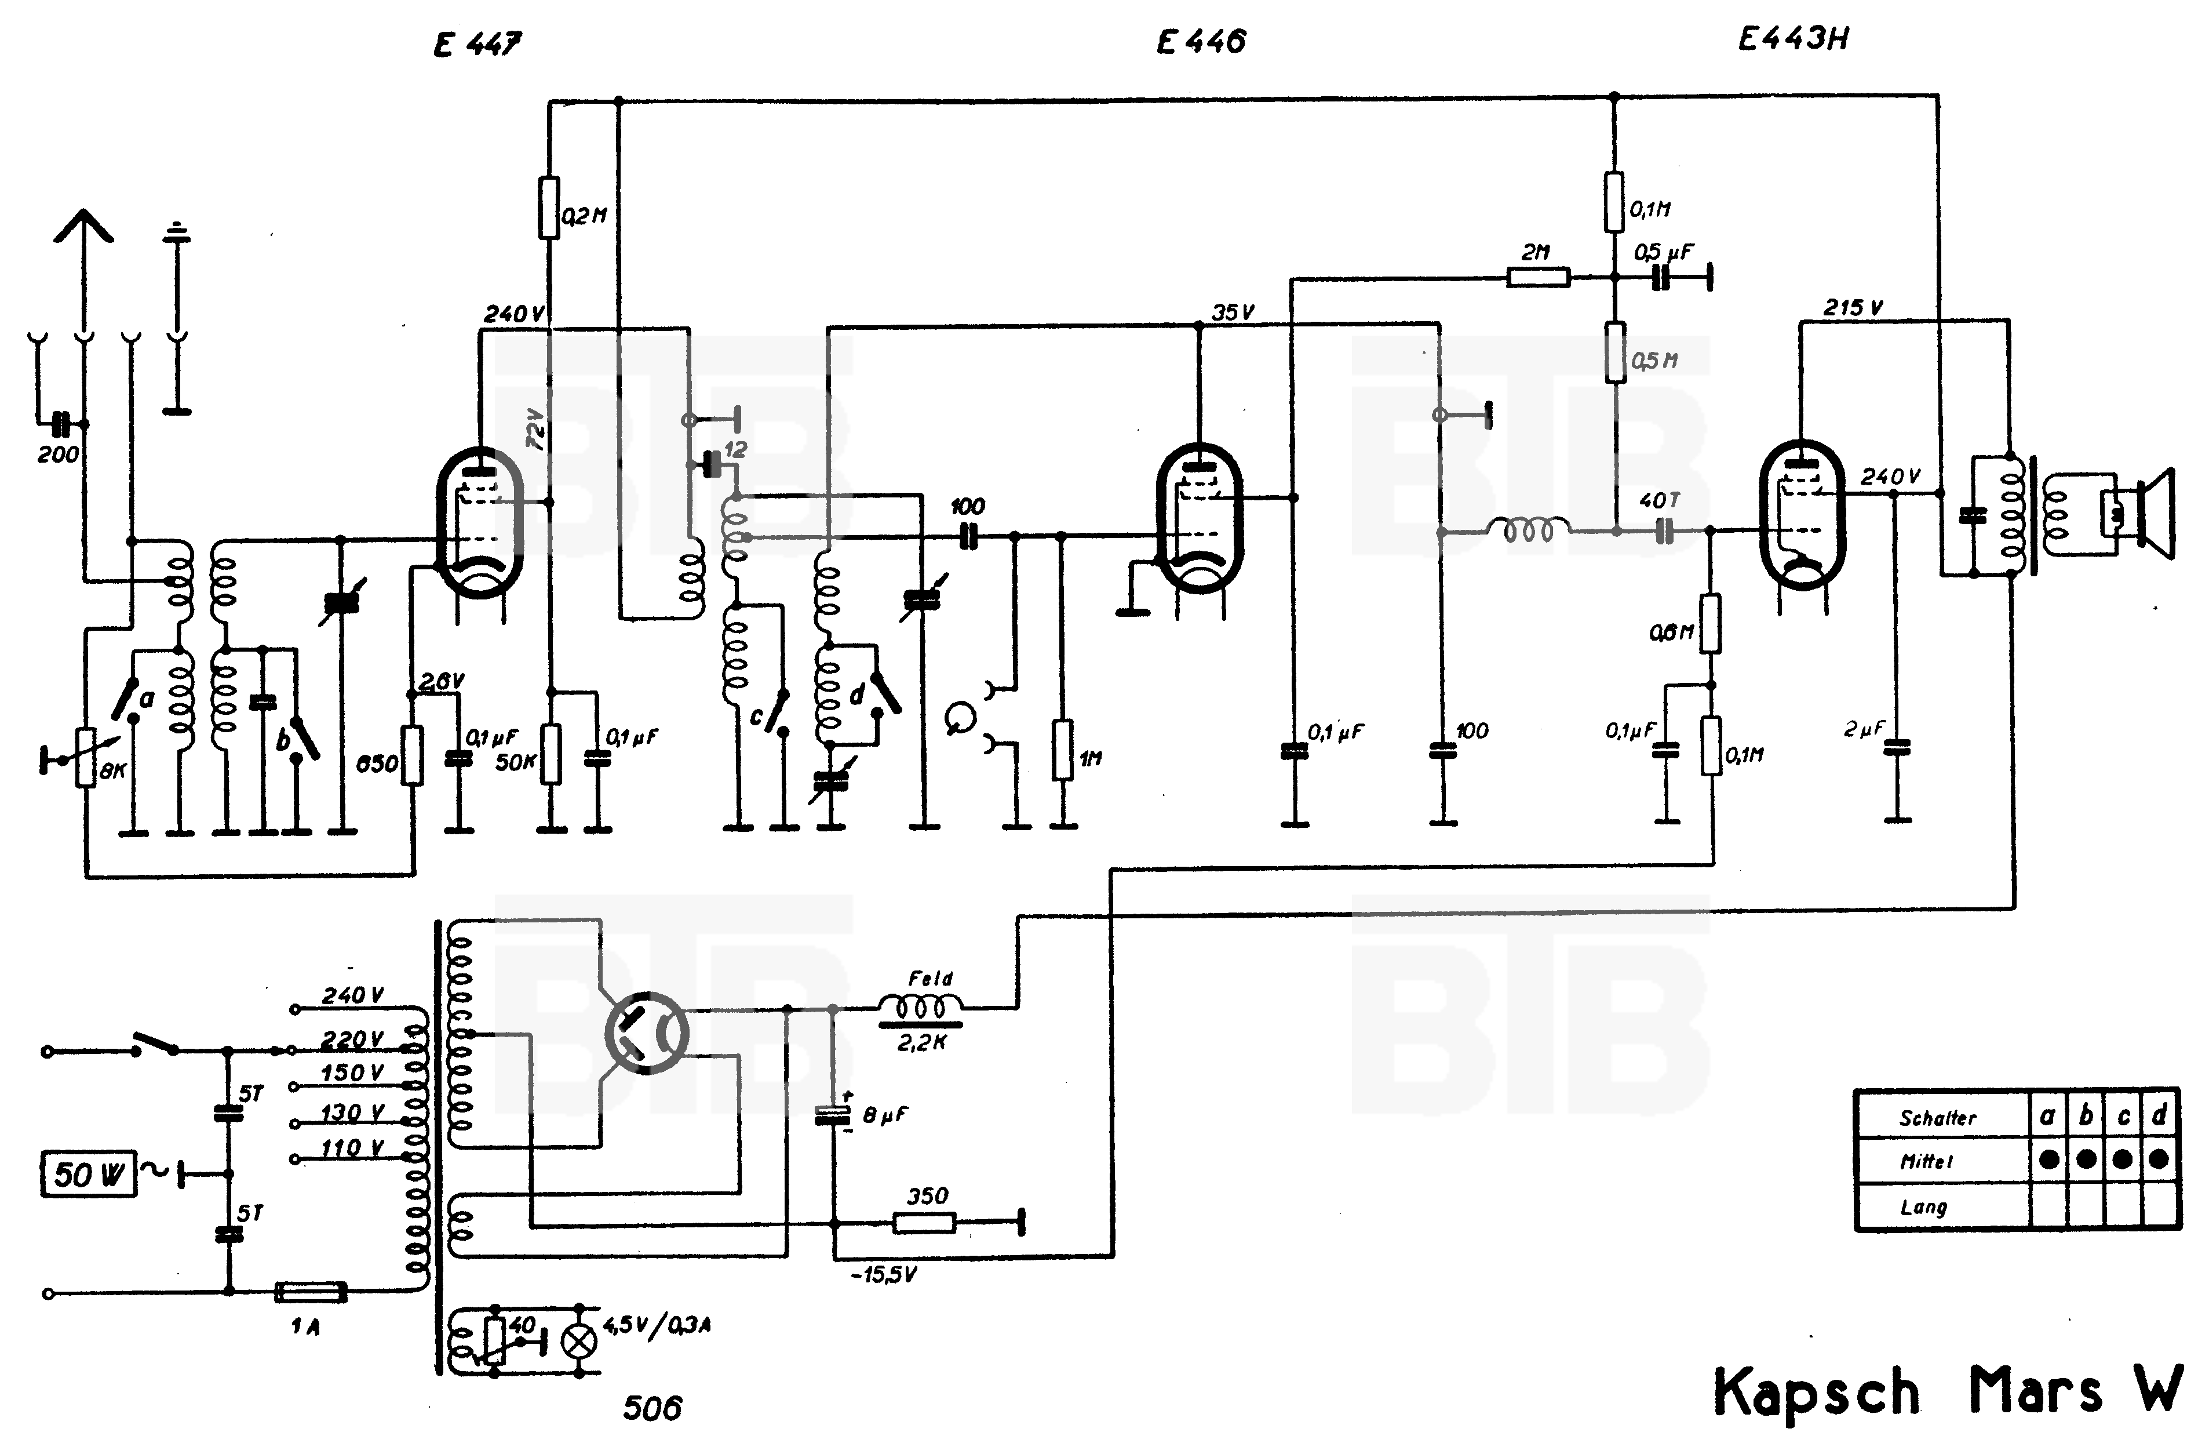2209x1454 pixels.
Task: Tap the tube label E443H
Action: pos(1793,39)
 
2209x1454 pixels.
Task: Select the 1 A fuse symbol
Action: pos(311,1292)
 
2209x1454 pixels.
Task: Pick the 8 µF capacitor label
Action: pos(884,1115)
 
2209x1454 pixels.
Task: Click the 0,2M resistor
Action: pos(549,208)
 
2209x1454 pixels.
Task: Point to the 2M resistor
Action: pos(1538,277)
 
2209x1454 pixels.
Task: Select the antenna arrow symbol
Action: pos(83,227)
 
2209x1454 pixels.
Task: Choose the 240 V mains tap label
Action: pos(353,995)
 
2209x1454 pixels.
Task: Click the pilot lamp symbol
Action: pos(581,1341)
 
